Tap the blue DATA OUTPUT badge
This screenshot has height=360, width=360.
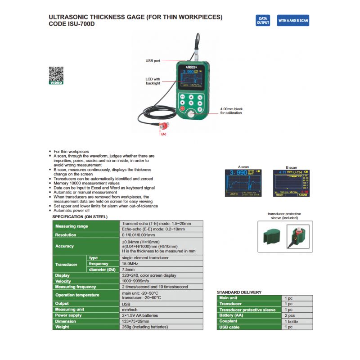click(x=263, y=20)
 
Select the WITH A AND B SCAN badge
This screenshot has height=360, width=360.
click(x=293, y=20)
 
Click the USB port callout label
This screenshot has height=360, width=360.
click(x=153, y=60)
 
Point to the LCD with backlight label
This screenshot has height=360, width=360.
click(x=153, y=81)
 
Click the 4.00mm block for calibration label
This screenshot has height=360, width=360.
click(x=231, y=111)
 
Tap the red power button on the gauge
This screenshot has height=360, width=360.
click(x=182, y=109)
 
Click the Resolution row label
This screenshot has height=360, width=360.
click(x=66, y=235)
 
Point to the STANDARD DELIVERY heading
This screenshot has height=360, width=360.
click(x=239, y=292)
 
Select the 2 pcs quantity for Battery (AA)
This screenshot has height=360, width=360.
click(x=290, y=315)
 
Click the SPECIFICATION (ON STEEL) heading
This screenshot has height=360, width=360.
click(x=80, y=216)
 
